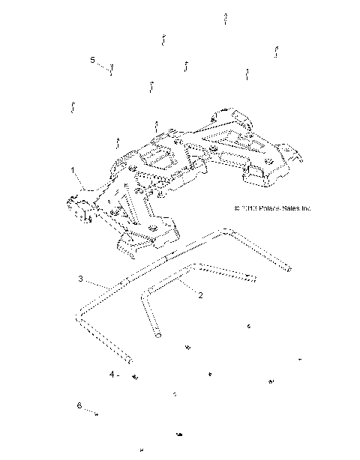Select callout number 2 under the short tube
200,295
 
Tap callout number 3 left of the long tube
81,278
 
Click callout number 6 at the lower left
79,405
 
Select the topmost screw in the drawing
225,17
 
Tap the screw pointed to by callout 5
112,70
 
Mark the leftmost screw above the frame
72,106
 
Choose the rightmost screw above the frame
277,52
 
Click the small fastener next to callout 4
133,375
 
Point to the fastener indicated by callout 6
98,411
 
